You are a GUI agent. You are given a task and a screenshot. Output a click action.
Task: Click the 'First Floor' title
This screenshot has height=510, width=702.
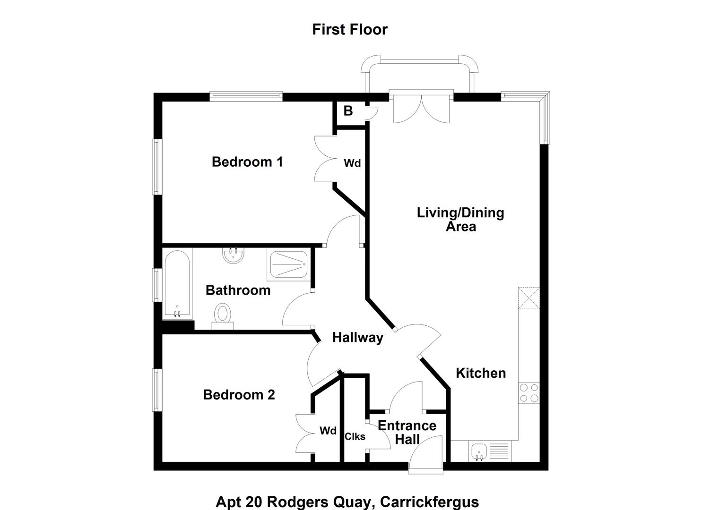click(350, 29)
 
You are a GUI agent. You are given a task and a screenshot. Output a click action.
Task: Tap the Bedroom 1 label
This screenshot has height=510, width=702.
click(247, 162)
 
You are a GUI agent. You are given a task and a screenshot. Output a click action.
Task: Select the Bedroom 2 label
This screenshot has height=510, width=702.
click(239, 394)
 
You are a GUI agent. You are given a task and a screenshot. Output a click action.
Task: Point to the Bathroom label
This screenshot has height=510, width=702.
click(238, 290)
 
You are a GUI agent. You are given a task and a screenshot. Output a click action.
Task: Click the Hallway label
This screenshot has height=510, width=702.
click(357, 338)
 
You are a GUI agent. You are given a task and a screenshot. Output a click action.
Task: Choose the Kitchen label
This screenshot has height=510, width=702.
click(481, 373)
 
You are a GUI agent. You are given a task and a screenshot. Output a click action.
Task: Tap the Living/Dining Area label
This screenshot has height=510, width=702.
click(460, 220)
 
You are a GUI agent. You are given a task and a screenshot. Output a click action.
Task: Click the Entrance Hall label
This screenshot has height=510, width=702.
click(407, 433)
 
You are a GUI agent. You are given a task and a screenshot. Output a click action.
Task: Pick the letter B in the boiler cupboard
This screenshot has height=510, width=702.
click(348, 111)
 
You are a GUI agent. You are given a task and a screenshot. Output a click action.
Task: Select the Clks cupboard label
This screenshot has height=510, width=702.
click(355, 436)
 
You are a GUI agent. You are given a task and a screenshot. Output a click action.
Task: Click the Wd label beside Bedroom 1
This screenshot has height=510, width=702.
click(352, 163)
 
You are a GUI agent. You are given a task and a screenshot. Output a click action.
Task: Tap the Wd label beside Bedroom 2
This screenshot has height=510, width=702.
click(328, 431)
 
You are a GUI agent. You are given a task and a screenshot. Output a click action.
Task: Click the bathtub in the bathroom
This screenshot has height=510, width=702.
click(177, 284)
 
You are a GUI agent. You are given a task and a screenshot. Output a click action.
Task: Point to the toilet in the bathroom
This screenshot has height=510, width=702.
click(223, 316)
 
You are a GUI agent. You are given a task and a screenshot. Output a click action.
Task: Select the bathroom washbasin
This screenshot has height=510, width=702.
click(233, 255)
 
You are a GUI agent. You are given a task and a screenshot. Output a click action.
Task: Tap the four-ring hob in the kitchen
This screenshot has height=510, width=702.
click(529, 393)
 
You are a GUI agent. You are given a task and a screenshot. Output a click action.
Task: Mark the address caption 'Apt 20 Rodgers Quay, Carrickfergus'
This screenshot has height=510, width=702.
click(347, 502)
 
